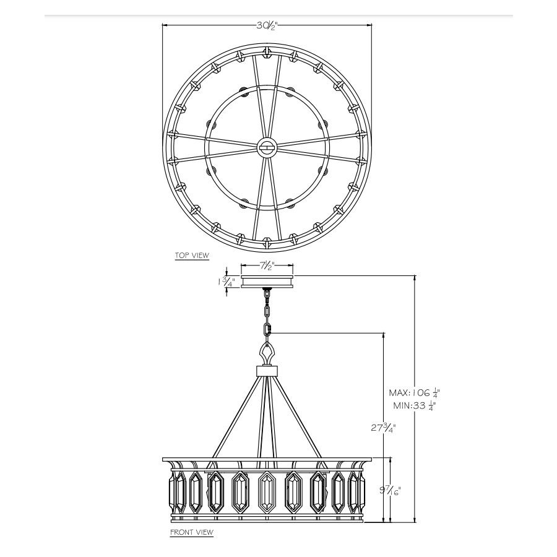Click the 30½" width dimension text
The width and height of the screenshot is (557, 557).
[266, 25]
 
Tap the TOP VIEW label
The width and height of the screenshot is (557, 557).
[192, 255]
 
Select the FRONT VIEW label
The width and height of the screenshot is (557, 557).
[192, 532]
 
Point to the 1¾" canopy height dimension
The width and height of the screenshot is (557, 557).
[226, 282]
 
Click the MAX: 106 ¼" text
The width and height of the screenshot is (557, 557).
[415, 393]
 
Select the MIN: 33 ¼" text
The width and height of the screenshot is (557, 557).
[415, 405]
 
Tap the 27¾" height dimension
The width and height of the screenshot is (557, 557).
[383, 428]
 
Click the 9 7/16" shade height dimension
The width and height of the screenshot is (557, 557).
[390, 491]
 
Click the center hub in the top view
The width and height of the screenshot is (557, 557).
[267, 146]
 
